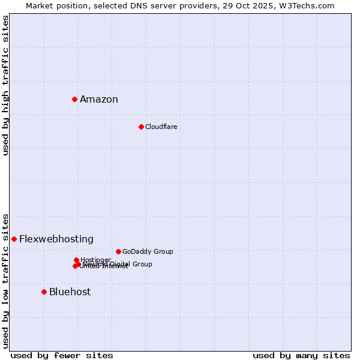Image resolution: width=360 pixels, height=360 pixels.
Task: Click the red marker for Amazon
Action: [74, 99]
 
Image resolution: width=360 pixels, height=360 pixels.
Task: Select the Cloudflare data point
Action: [141, 127]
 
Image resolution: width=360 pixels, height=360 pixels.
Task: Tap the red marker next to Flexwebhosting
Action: [14, 239]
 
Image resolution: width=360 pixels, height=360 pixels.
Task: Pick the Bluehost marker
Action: [44, 292]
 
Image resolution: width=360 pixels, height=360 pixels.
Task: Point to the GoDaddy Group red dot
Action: [118, 251]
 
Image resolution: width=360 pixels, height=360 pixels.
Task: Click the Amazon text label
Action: [99, 100]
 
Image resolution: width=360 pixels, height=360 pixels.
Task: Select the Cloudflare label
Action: [161, 127]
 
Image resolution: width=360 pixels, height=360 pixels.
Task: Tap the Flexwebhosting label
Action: [56, 239]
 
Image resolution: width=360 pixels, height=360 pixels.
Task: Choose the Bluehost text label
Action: [70, 292]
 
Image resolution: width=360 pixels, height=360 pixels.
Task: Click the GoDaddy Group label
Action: [148, 251]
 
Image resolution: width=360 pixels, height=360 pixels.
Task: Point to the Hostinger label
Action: [95, 260]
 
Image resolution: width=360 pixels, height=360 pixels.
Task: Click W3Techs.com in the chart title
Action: [308, 5]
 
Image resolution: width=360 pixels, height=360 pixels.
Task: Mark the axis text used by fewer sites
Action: [62, 355]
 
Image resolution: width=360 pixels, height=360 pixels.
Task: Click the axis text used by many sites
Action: [301, 355]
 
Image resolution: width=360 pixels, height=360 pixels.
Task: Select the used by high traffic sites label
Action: [5, 85]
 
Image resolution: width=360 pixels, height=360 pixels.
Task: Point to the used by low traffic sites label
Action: [5, 280]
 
